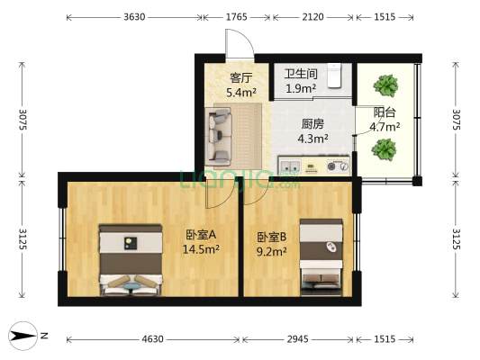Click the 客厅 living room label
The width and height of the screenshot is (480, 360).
coord(239,77)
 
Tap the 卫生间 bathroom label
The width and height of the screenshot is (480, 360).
coord(300,75)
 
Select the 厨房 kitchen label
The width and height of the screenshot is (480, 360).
coord(312,125)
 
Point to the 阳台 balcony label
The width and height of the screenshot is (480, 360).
coord(386,112)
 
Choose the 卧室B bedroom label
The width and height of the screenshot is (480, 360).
coord(271,238)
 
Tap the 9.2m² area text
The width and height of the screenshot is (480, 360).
coord(271,252)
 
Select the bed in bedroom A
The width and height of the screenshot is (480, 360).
coord(131,259)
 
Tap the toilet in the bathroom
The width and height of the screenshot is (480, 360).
coord(336,76)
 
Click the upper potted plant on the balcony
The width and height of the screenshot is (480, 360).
coord(386,86)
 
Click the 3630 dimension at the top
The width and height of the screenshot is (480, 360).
coord(135,16)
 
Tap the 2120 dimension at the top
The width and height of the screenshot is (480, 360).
coord(312,16)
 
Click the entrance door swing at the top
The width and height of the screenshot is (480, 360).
coord(239,43)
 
